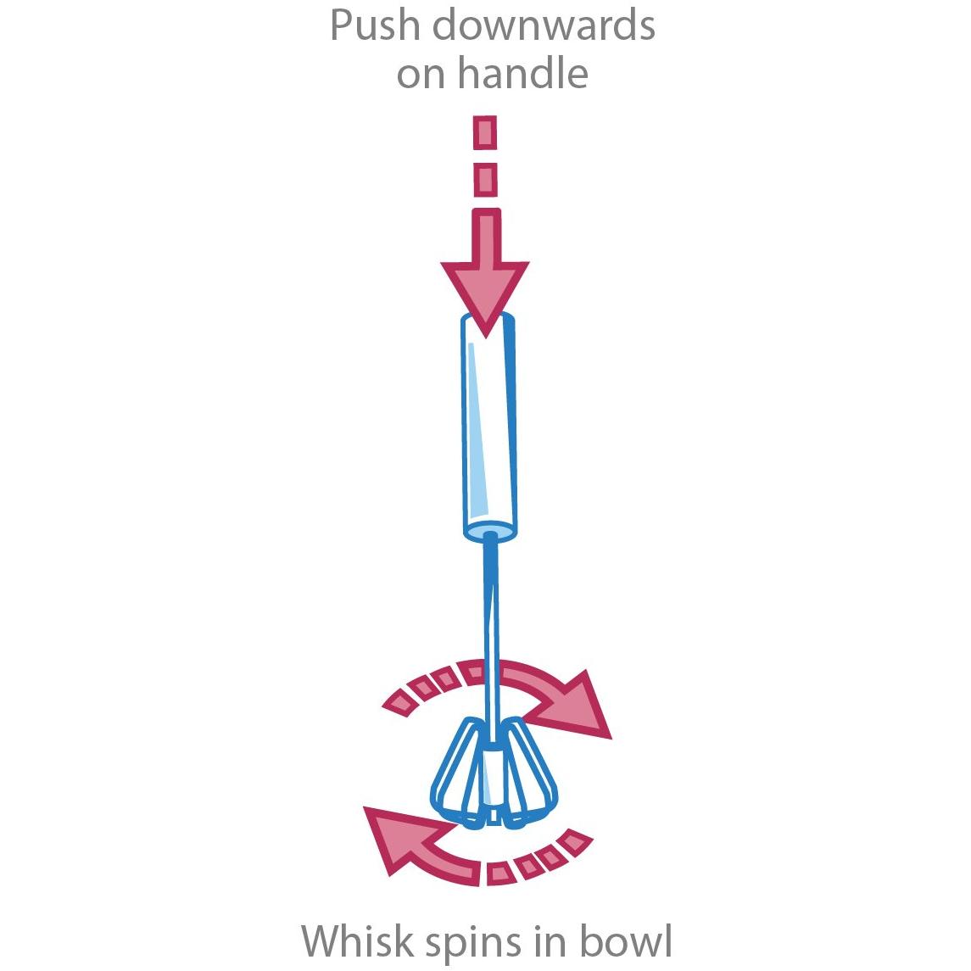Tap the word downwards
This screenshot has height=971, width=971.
tap(543, 25)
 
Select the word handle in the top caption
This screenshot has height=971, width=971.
tap(522, 72)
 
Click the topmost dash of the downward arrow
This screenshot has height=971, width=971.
tap(485, 132)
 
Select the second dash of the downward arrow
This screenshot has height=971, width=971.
tap(485, 180)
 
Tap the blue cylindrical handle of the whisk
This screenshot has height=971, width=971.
tap(489, 427)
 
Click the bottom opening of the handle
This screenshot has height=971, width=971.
tap(490, 532)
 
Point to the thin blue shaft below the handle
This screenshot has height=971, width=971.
tap(490, 626)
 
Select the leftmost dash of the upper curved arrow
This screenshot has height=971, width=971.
tap(399, 703)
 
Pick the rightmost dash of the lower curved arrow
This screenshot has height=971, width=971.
tap(575, 841)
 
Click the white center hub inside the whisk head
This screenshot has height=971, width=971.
tap(493, 780)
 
